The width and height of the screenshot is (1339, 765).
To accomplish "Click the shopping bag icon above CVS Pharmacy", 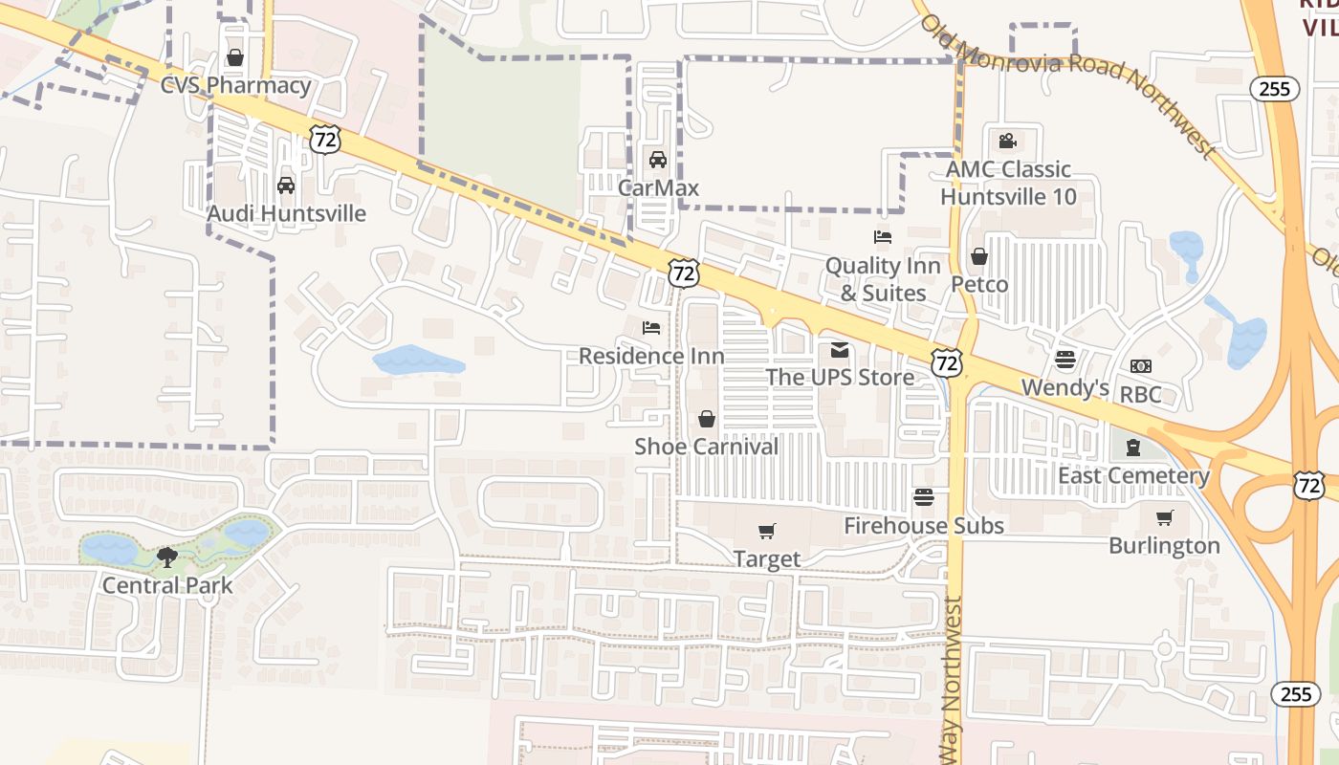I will point(235,58).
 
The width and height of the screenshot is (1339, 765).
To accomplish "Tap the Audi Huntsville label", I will point(286,213).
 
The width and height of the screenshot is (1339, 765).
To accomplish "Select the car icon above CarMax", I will point(657,160).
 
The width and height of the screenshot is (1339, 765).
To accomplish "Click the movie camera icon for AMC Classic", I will point(1007,142).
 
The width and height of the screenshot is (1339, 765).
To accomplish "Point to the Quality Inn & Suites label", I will point(883,278).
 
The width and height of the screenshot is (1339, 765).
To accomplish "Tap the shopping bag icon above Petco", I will point(979,256).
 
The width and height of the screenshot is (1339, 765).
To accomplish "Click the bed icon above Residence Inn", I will point(651,328).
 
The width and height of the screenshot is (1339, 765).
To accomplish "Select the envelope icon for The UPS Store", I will point(840,350).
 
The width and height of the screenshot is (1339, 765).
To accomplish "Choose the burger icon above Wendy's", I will point(1065,360).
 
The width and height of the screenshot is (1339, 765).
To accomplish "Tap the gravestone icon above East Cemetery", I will point(1133,448).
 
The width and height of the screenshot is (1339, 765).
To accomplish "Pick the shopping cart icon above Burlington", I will point(1164,518).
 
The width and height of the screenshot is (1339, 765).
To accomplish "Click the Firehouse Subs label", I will point(923,525).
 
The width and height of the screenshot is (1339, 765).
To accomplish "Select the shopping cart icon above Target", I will point(766,531).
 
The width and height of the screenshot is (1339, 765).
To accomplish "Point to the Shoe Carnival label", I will point(706,447).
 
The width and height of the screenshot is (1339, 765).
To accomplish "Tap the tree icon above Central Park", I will point(167,557).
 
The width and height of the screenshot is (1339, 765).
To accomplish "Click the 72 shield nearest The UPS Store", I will point(946,362).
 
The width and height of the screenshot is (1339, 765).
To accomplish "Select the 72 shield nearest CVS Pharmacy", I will point(324,141).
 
